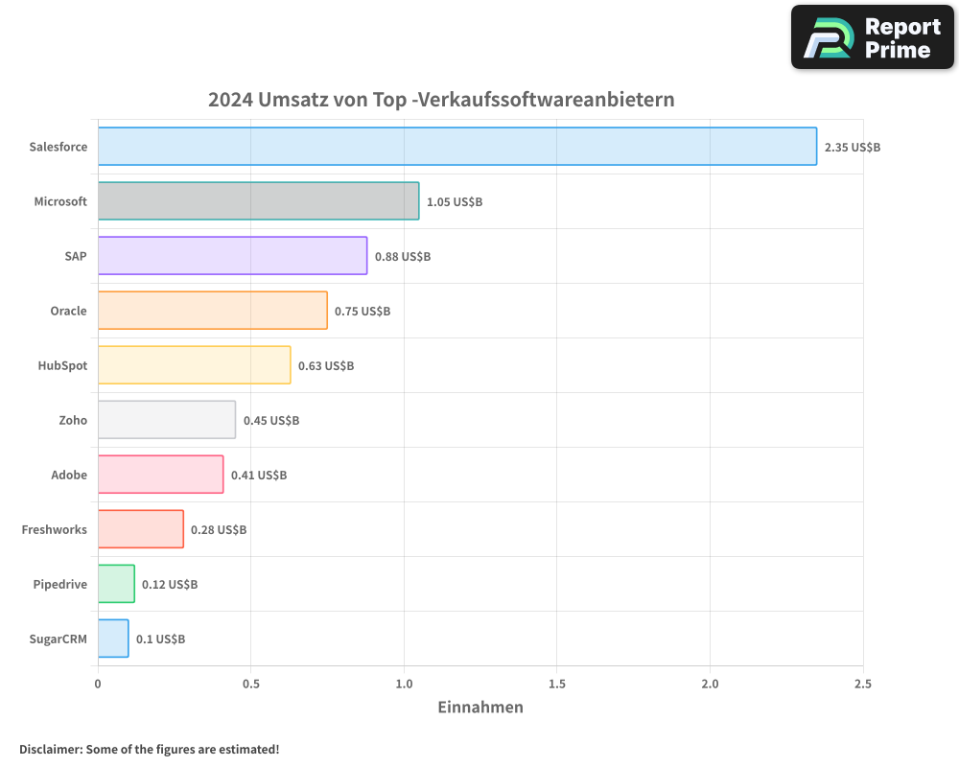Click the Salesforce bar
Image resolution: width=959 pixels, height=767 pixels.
pos(457,147)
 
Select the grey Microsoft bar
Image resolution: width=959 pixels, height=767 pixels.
pos(258,201)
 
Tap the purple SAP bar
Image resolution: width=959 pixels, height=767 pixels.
pos(232,256)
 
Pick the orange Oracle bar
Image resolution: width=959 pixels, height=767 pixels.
pos(212,311)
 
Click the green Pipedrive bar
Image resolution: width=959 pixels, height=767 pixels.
pos(116,584)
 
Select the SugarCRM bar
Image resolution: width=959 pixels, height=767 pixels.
pos(113,639)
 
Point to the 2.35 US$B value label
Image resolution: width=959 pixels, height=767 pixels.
pos(853,148)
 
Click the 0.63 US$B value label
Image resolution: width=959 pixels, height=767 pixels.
pos(326,366)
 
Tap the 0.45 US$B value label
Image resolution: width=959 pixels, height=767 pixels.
pos(271,421)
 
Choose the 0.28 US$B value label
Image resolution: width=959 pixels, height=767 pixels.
pos(219,530)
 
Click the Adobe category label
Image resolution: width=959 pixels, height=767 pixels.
pos(69,475)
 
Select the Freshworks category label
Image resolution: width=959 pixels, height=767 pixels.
pos(55,529)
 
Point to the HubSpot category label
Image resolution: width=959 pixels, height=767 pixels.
pos(62,365)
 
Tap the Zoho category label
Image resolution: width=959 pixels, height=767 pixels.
pos(73,420)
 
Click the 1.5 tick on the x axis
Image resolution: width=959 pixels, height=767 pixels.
pos(557,685)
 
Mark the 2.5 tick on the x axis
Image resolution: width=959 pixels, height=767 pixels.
pos(863,685)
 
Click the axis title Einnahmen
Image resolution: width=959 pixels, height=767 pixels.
pos(480,708)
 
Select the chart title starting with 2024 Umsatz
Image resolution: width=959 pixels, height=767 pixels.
pos(441,100)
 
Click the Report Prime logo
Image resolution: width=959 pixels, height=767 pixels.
pos(873,37)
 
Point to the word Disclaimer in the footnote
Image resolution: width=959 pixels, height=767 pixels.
pos(50,749)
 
